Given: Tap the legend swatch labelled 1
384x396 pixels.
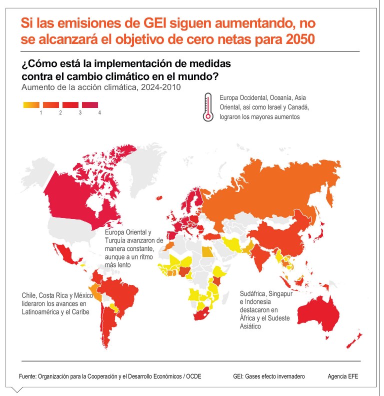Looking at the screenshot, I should tap(30, 105).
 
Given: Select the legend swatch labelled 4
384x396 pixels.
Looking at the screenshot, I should tap(90, 105).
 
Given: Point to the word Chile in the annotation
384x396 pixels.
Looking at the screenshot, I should tap(29, 295).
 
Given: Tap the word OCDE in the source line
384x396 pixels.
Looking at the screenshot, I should tap(193, 376).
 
